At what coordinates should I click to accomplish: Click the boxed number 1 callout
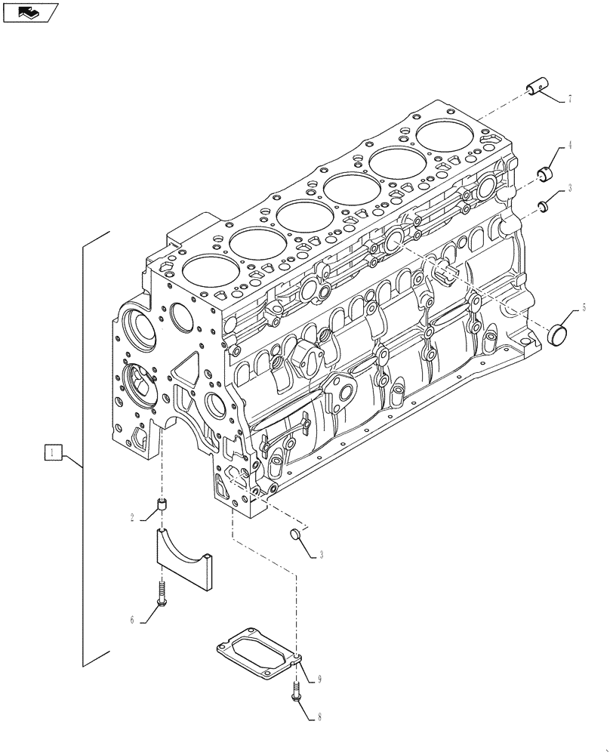(51, 453)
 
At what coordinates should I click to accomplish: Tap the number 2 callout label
(133, 518)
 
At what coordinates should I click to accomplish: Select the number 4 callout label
(570, 145)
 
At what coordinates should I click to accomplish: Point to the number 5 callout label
(583, 308)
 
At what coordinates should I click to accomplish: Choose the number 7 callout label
(570, 99)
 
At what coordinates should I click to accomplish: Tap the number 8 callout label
(320, 717)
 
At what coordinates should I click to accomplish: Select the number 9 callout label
(320, 680)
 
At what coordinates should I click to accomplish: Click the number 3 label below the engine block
(322, 555)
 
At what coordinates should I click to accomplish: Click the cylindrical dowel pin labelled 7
(537, 89)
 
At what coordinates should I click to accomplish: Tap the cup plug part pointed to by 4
(546, 174)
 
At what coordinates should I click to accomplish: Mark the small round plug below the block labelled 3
(297, 535)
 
